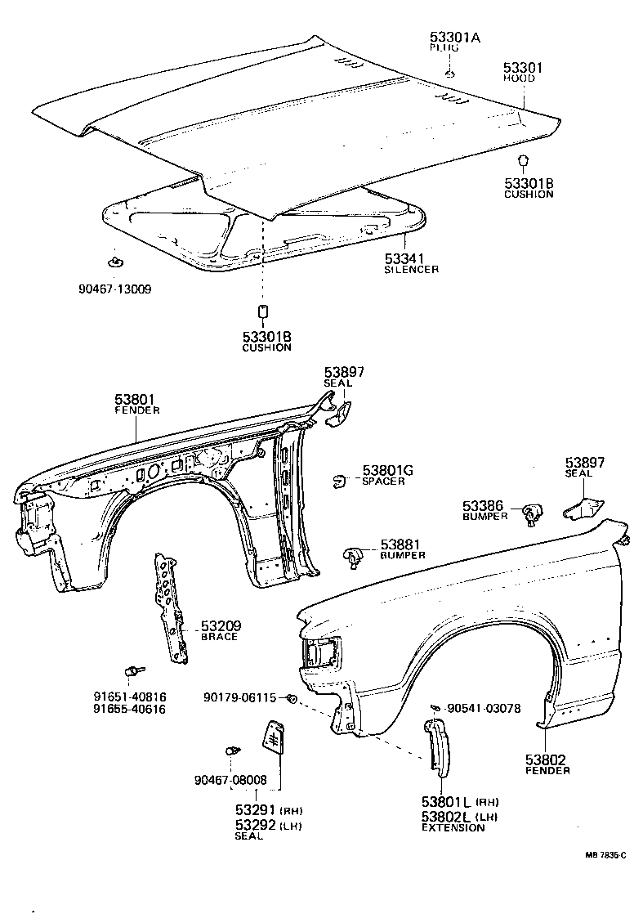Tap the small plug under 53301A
pos(449,74)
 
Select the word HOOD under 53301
pos(519,78)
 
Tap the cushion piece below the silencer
pos(263,312)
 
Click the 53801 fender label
pos(136,400)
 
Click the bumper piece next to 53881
pos(352,557)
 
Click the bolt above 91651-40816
pos(131,671)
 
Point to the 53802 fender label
pos(546,759)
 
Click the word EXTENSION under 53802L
pos(453,827)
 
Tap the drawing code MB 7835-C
pos(605,855)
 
